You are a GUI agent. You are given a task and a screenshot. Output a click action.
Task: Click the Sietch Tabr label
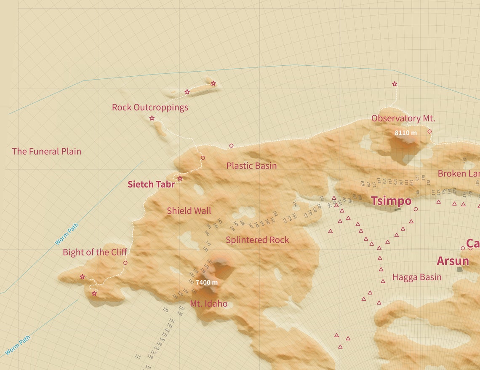pyautogui.click(x=151, y=185)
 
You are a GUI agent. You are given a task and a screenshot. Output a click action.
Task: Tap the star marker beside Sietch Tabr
pyautogui.click(x=180, y=179)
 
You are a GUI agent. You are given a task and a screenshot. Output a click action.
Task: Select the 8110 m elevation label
pyautogui.click(x=405, y=133)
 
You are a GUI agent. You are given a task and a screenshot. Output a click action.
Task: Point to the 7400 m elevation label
pyautogui.click(x=206, y=282)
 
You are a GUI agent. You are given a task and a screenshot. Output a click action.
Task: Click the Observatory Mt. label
pyautogui.click(x=403, y=118)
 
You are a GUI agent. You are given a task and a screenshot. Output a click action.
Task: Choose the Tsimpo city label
pyautogui.click(x=391, y=201)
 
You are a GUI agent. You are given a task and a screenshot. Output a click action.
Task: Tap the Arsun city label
pyautogui.click(x=453, y=261)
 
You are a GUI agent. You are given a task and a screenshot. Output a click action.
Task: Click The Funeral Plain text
pyautogui.click(x=46, y=151)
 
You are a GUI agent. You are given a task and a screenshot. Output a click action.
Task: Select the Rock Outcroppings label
pyautogui.click(x=150, y=107)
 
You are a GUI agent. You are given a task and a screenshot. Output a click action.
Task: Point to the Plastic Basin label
pyautogui.click(x=251, y=166)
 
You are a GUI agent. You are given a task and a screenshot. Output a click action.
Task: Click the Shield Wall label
pyautogui.click(x=189, y=211)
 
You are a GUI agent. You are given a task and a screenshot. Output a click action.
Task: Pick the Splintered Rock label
pyautogui.click(x=257, y=240)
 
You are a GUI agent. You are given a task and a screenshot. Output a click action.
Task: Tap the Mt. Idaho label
pyautogui.click(x=208, y=303)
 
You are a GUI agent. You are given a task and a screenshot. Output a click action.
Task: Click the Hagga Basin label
pyautogui.click(x=416, y=277)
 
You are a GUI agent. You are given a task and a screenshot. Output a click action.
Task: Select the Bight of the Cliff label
pyautogui.click(x=95, y=252)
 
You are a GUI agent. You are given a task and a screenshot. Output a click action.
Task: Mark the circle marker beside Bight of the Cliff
pyautogui.click(x=125, y=263)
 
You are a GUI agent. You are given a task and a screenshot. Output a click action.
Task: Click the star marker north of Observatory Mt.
pyautogui.click(x=395, y=84)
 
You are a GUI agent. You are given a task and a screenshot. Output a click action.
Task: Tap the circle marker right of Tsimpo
pyautogui.click(x=416, y=209)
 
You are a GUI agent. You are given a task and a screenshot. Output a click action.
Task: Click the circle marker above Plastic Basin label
pyautogui.click(x=231, y=146)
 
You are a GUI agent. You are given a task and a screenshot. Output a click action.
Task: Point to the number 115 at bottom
pyautogui.click(x=138, y=357)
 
